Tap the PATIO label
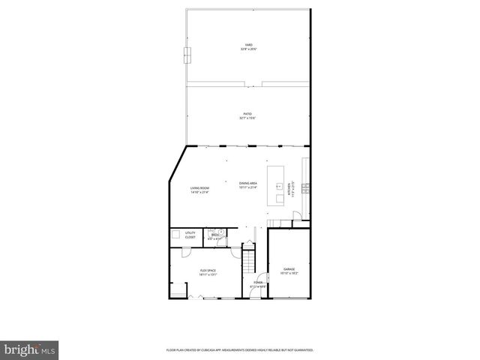247,114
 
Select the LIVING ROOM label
199,187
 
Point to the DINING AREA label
248,184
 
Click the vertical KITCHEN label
289,190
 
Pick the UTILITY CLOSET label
190,235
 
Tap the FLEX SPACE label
208,270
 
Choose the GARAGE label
289,268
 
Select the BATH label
214,235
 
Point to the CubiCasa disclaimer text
240,349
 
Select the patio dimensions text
247,118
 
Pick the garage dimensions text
289,273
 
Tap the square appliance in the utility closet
177,235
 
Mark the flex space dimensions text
208,274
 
